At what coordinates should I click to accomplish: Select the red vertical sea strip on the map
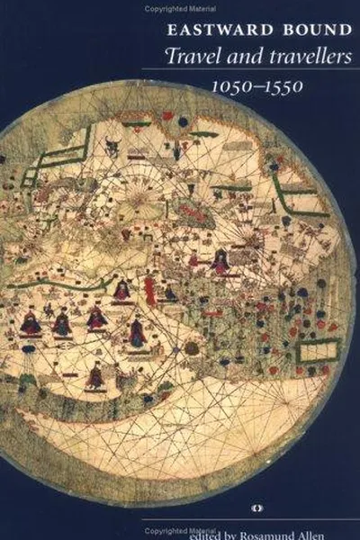[149, 290]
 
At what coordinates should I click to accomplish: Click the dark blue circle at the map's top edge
[183, 121]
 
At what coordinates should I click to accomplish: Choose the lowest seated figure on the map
[94, 375]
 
